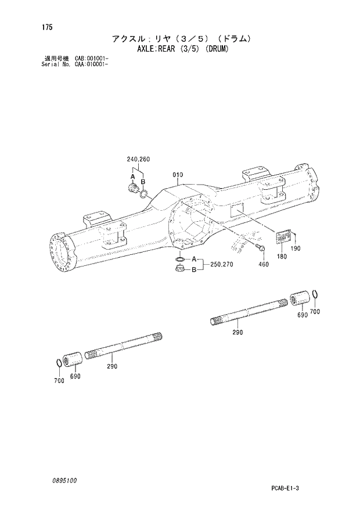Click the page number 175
coord(38,27)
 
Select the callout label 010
coord(178,175)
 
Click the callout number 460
coord(264,264)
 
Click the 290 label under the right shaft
coord(237,332)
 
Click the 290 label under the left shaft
coord(111,366)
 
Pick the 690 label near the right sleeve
coord(302,315)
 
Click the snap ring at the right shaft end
coord(314,296)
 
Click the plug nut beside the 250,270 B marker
coord(180,268)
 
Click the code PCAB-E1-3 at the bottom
coord(285,489)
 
